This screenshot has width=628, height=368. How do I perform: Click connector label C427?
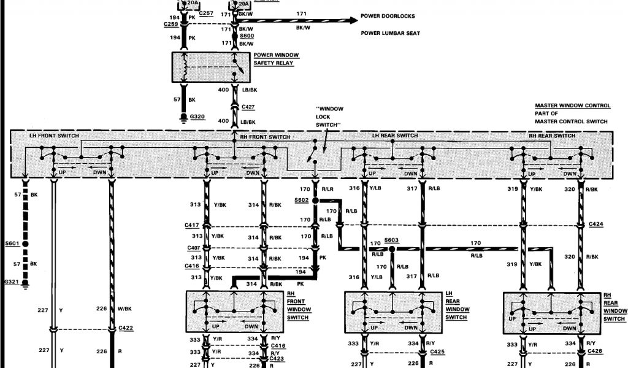248,106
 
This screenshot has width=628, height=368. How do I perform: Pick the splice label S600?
247,36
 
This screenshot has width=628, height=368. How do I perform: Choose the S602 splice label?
301,200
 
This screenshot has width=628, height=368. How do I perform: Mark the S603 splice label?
392,240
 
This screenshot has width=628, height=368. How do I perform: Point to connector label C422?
126,328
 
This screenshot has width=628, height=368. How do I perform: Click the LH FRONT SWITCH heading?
54,136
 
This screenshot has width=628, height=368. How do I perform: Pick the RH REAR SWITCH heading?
552,136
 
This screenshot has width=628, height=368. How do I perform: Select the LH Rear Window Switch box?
392,313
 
